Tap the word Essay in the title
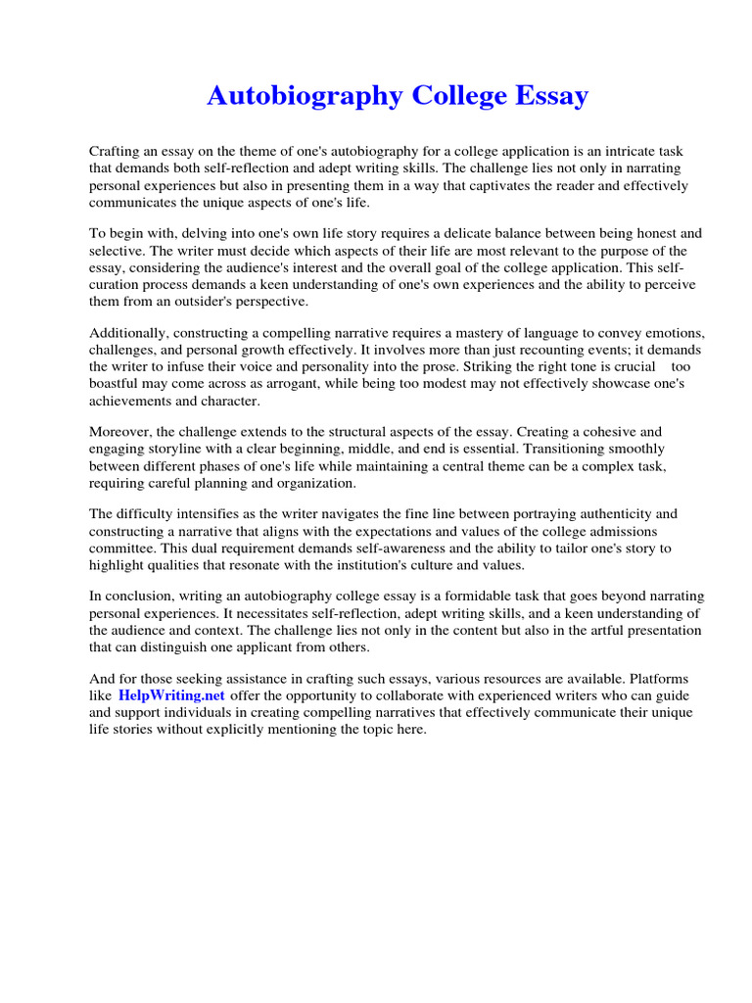pos(546,97)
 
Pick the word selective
pos(117,251)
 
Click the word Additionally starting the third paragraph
pos(128,334)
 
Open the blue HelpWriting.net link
pos(172,695)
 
